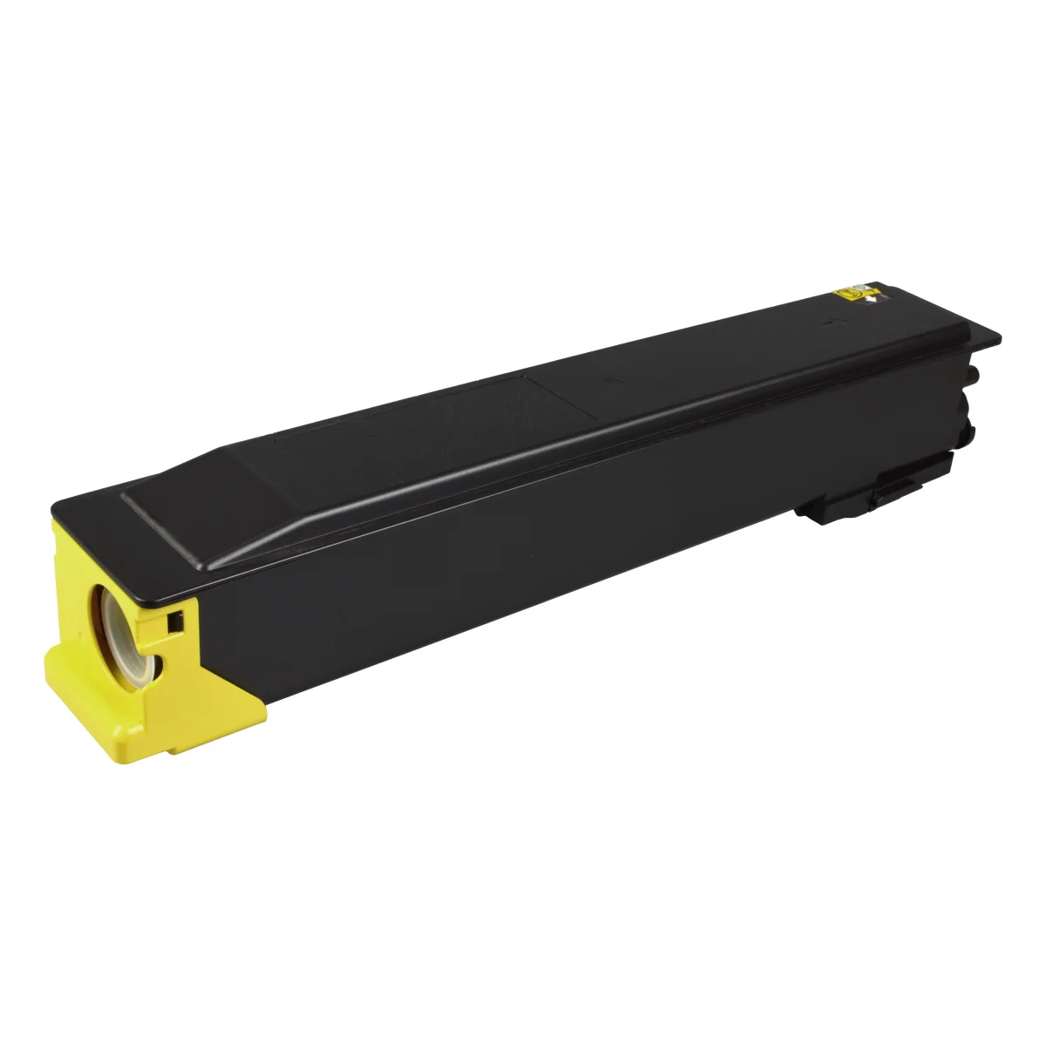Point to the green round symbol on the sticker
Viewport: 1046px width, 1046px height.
861,287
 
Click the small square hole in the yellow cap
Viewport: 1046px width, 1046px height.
174,621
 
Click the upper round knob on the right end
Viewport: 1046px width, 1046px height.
973,374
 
